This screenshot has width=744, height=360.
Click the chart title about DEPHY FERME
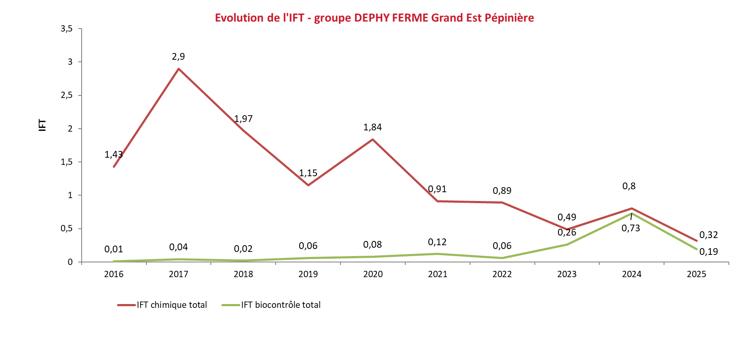374,18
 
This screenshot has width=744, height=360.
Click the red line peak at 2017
179,69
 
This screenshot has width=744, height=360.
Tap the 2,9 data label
178,56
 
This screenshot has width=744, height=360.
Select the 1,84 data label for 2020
372,127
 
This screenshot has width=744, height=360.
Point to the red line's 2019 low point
308,185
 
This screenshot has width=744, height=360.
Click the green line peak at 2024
631,214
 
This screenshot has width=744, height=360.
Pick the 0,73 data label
631,228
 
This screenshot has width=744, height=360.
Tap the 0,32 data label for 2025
709,235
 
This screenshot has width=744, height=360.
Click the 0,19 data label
709,251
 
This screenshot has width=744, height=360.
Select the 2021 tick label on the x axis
438,274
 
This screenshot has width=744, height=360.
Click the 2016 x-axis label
114,274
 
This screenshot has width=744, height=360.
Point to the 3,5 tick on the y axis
67,29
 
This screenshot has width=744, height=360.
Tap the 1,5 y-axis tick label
67,162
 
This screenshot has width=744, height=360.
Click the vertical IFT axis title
43,125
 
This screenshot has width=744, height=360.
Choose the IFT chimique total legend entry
162,305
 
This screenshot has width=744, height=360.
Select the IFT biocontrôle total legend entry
271,305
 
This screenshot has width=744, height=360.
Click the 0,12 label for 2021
437,242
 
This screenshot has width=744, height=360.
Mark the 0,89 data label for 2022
502,191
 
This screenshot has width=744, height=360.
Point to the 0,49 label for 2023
567,217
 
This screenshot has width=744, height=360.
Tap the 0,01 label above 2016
114,249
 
